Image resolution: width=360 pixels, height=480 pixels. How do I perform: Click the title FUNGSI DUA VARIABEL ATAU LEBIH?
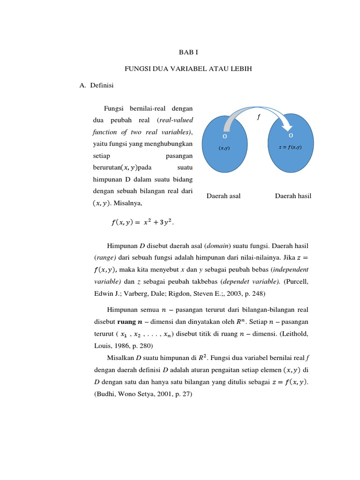click(188, 69)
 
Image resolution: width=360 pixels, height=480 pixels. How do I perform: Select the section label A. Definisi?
click(97, 85)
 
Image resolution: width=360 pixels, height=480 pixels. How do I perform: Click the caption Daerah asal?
click(224, 196)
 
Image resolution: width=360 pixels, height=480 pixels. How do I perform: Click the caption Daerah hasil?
click(293, 196)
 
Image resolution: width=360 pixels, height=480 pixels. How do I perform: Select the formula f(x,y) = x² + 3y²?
click(142, 223)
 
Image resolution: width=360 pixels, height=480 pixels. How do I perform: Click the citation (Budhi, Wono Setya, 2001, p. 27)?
click(143, 395)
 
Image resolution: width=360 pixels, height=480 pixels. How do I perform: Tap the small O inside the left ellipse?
click(225, 136)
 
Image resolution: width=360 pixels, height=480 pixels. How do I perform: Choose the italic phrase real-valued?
click(176, 120)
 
